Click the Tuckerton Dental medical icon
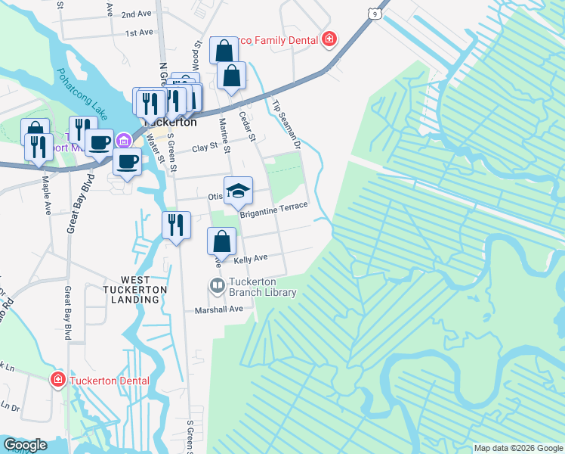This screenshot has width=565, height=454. [57, 380]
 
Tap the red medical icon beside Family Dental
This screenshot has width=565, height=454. [329, 39]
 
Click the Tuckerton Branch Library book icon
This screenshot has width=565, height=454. [217, 286]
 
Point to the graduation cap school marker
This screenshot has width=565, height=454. [238, 189]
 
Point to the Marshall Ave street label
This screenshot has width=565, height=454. [219, 309]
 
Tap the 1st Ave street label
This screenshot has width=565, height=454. [139, 33]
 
